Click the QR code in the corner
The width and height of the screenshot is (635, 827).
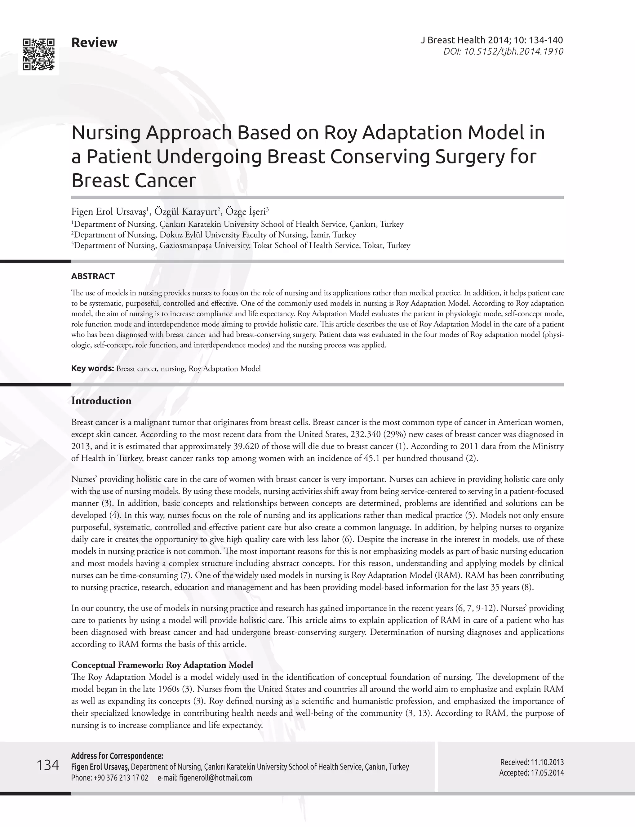[x=38, y=55]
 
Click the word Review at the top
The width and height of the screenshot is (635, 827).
[x=94, y=42]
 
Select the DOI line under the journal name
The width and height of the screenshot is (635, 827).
[x=503, y=51]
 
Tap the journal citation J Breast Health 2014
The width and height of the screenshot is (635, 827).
[x=491, y=40]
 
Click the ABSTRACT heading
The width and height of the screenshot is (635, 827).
[x=93, y=276]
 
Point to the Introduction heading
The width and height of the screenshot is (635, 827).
[x=101, y=401]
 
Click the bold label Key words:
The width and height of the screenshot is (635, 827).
[x=93, y=368]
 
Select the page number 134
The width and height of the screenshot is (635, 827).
[x=48, y=765]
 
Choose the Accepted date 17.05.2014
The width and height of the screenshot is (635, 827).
[x=547, y=773]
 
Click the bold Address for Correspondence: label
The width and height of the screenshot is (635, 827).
[x=117, y=756]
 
